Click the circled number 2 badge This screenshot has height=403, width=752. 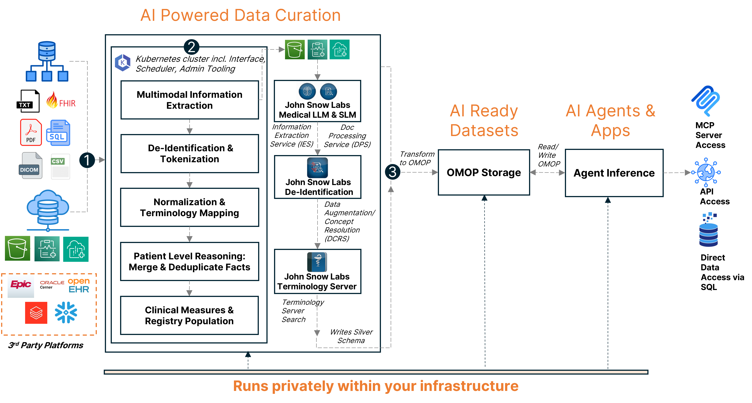[x=192, y=47]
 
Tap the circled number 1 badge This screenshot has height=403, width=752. [x=87, y=160]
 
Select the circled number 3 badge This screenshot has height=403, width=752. [x=392, y=172]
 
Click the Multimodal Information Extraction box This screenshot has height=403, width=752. [x=190, y=100]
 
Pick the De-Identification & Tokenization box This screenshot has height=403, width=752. [x=190, y=154]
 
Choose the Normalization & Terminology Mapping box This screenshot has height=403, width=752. [x=190, y=207]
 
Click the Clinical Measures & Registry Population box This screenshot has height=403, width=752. [x=190, y=315]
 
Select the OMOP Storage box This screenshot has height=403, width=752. [x=484, y=172]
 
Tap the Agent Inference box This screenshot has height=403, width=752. [x=614, y=173]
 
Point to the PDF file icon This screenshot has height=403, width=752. [x=31, y=133]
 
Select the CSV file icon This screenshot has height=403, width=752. [x=60, y=166]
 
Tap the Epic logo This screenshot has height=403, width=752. [x=21, y=284]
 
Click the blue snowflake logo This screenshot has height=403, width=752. [x=66, y=312]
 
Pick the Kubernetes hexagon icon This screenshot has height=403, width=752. [x=123, y=62]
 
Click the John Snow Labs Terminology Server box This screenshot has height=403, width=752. [x=318, y=271]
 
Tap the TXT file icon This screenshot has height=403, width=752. [x=27, y=101]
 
